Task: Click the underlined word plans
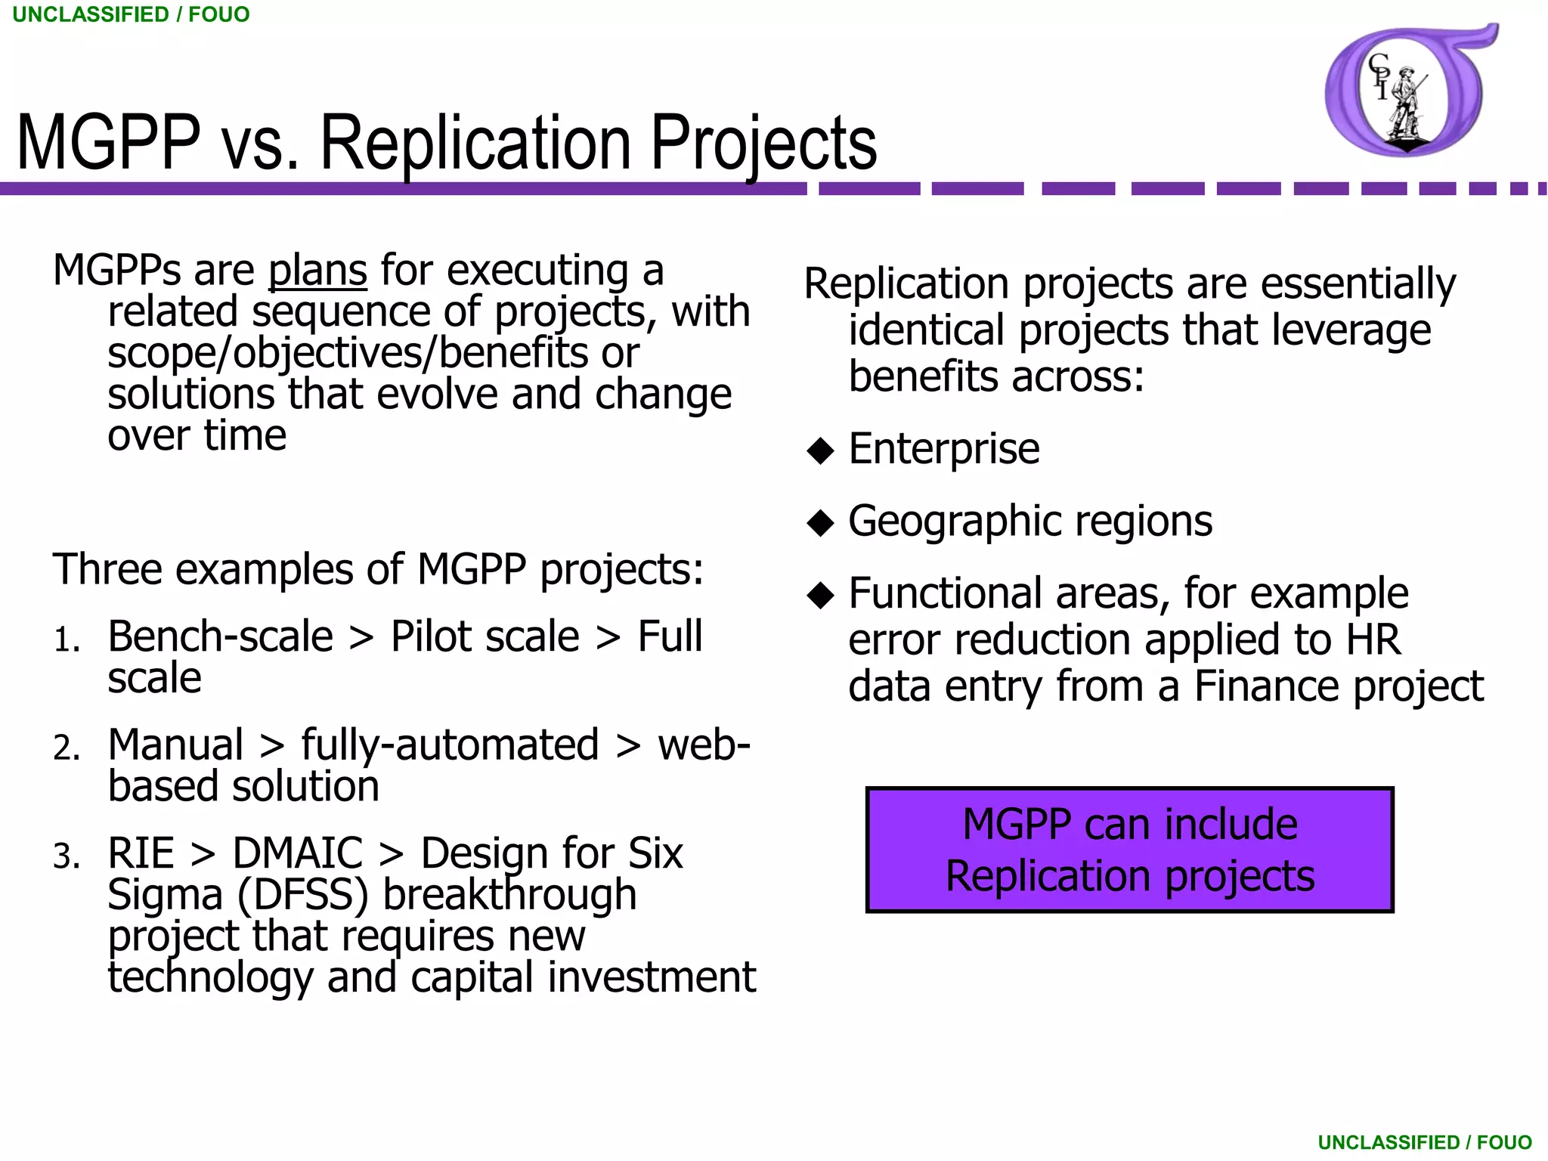tap(317, 271)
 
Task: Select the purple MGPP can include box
tap(1129, 850)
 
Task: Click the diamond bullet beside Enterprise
tap(820, 451)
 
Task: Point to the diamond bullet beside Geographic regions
tap(820, 523)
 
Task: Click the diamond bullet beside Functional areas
tap(820, 596)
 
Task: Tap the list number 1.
tap(67, 640)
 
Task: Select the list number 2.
tap(67, 748)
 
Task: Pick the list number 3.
tap(67, 857)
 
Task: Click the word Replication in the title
tap(475, 144)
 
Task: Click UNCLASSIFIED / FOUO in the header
tap(131, 14)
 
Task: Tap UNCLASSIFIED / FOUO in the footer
tap(1424, 1142)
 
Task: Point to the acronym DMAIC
tap(297, 853)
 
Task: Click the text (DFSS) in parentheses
tap(303, 895)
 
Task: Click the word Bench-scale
tap(220, 636)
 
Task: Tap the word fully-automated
tap(450, 745)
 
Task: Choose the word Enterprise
tap(943, 449)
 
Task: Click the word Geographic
tap(954, 522)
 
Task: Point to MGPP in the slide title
tap(109, 144)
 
